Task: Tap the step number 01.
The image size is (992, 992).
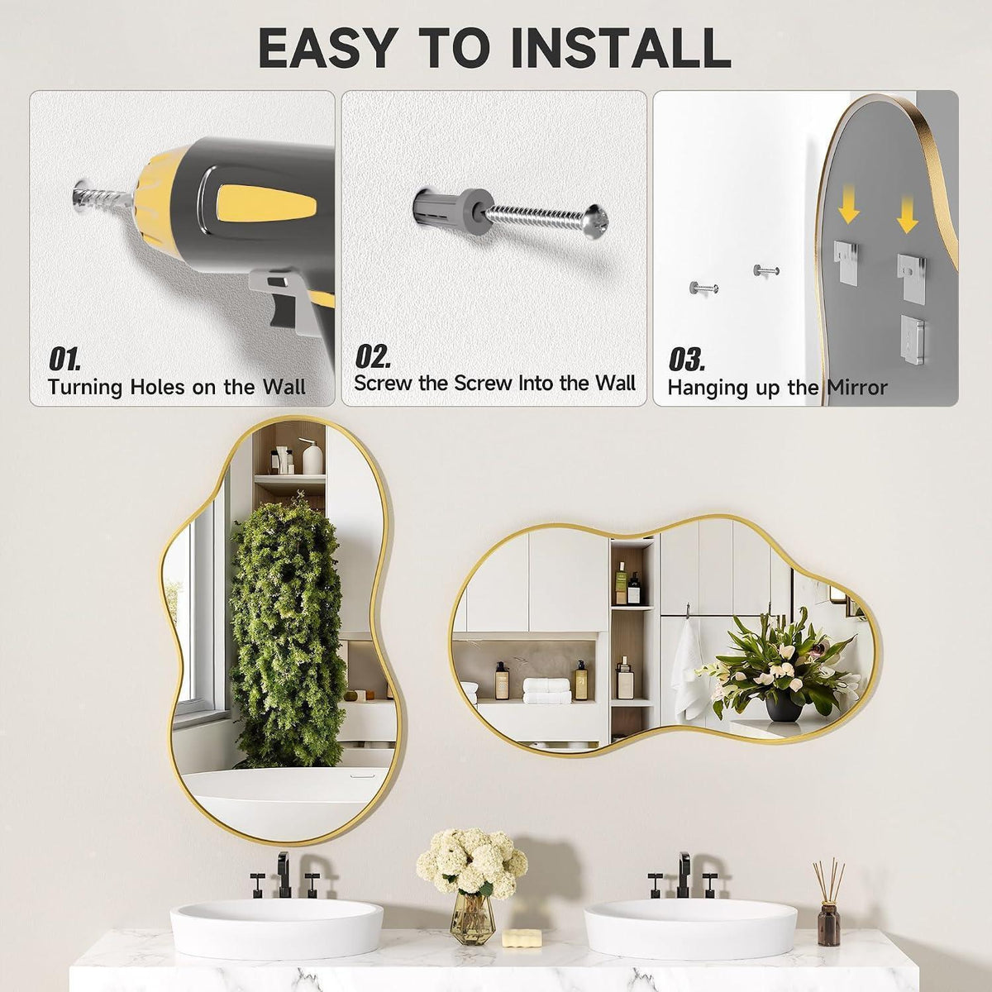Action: [64, 359]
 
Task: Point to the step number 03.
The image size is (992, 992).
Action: [686, 359]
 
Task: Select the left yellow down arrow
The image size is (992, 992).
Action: [848, 208]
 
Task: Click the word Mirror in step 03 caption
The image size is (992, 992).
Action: [856, 387]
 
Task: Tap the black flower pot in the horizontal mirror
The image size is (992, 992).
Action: [784, 707]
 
